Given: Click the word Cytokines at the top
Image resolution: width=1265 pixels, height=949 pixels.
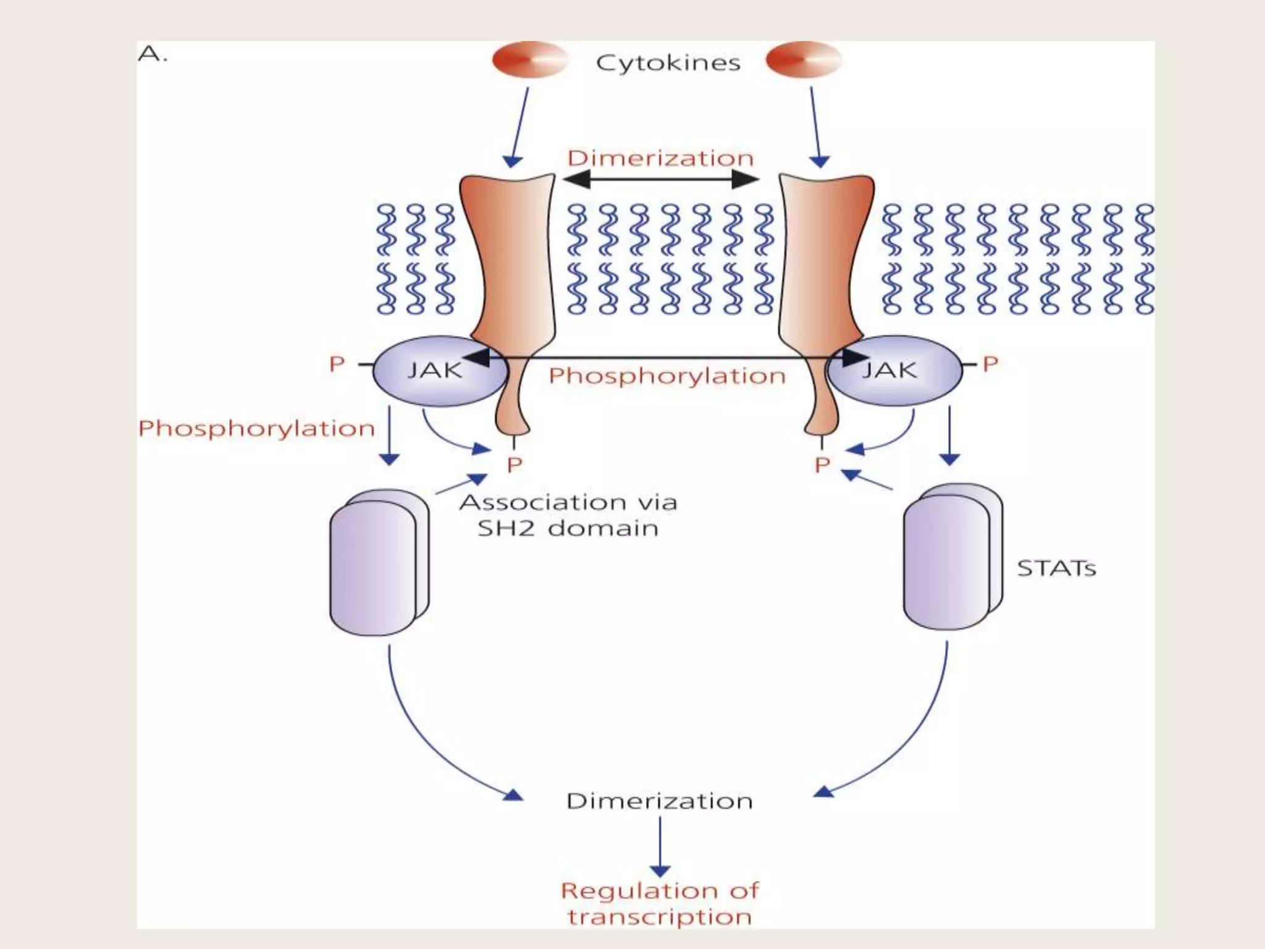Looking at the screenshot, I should pyautogui.click(x=668, y=63).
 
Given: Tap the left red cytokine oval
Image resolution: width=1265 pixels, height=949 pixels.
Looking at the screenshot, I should pyautogui.click(x=529, y=60).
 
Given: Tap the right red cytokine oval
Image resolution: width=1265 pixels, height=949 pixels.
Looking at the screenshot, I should pyautogui.click(x=803, y=60).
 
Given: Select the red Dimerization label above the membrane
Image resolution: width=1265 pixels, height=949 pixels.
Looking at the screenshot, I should pyautogui.click(x=660, y=158).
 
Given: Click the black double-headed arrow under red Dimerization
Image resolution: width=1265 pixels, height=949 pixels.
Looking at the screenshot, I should pyautogui.click(x=661, y=180).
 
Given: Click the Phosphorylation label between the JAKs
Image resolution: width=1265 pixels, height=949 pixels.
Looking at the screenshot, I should pyautogui.click(x=666, y=376).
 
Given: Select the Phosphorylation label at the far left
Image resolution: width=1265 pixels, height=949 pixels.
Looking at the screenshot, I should pyautogui.click(x=256, y=428).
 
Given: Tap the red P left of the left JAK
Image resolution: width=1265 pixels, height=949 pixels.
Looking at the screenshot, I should pyautogui.click(x=337, y=364).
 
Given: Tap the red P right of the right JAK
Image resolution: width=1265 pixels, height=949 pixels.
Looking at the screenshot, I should pyautogui.click(x=990, y=364).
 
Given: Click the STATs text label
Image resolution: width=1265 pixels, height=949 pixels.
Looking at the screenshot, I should pyautogui.click(x=1056, y=568).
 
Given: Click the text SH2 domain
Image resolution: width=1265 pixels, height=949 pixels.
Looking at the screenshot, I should pyautogui.click(x=567, y=529).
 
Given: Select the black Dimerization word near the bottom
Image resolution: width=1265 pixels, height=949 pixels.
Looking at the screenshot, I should pyautogui.click(x=660, y=801).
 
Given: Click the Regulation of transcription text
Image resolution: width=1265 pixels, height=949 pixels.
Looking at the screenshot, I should pyautogui.click(x=660, y=903).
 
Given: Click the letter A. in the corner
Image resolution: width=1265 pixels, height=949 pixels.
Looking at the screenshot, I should pyautogui.click(x=152, y=54).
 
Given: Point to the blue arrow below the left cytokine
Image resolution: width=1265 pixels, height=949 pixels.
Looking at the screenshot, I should pyautogui.click(x=519, y=127).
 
